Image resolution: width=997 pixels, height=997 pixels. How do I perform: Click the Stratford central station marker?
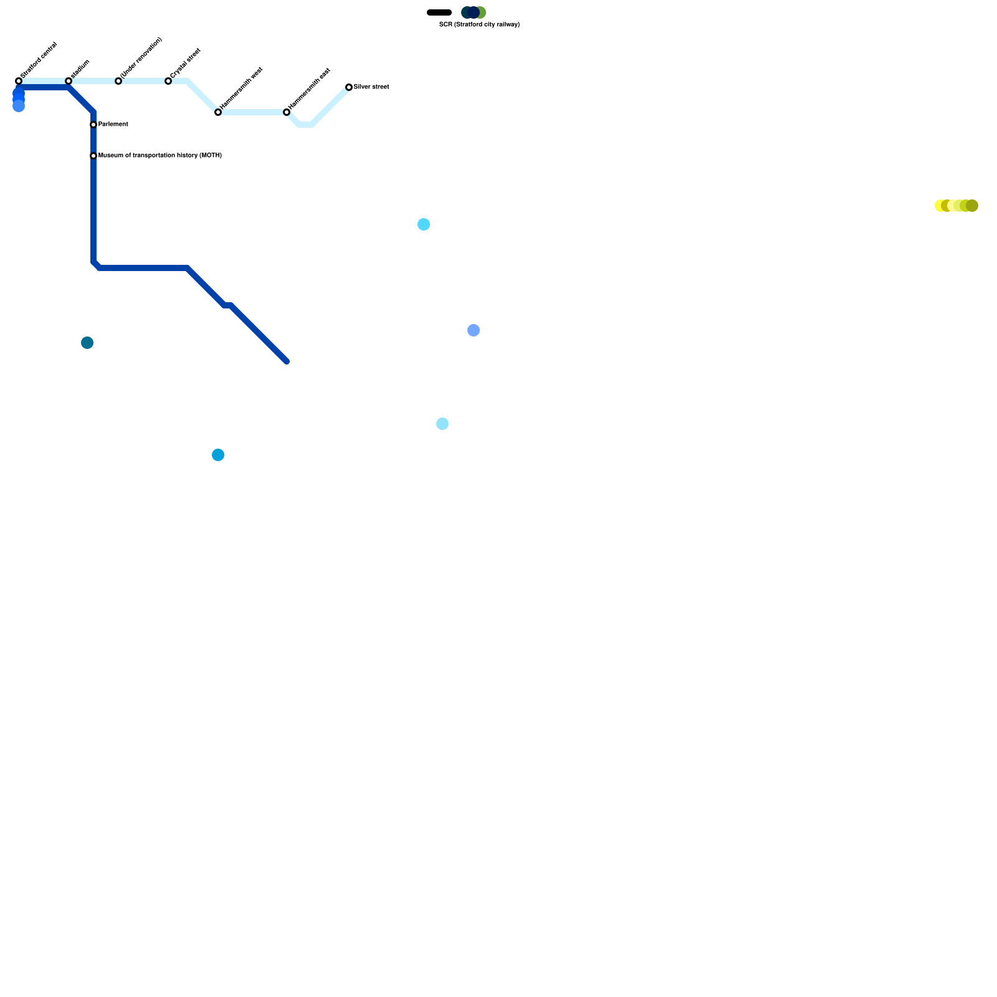tap(19, 81)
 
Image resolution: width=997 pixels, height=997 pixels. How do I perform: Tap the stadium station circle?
tap(69, 81)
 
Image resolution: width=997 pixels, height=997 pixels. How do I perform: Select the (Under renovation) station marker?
tap(118, 81)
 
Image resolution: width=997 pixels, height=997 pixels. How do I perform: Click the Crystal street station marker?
tap(168, 81)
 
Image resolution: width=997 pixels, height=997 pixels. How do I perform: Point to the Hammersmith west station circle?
tap(218, 112)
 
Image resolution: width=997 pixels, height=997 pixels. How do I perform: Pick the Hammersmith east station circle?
tap(287, 112)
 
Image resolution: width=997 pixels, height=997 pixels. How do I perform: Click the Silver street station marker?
tap(349, 87)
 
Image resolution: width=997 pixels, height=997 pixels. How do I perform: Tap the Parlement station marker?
tap(93, 125)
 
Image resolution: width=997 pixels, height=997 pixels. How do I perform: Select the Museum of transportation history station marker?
tap(93, 156)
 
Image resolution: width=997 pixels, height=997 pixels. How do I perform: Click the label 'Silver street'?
tap(371, 87)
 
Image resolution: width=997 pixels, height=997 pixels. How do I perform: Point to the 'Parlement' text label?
tap(113, 125)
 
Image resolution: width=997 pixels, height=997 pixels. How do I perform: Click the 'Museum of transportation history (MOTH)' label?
tap(160, 156)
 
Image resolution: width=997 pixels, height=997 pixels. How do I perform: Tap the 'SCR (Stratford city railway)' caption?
tap(479, 25)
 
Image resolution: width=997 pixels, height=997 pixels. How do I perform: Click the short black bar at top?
tap(439, 12)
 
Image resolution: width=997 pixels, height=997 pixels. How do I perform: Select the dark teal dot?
tap(87, 343)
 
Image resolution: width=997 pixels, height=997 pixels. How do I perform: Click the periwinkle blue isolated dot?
tap(474, 330)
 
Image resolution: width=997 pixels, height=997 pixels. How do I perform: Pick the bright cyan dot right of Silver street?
tap(424, 224)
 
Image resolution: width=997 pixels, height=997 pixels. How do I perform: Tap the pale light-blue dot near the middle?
tap(442, 424)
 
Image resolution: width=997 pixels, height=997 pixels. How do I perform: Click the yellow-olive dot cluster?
tap(956, 206)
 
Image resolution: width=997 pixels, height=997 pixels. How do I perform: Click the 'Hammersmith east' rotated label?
tap(310, 89)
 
